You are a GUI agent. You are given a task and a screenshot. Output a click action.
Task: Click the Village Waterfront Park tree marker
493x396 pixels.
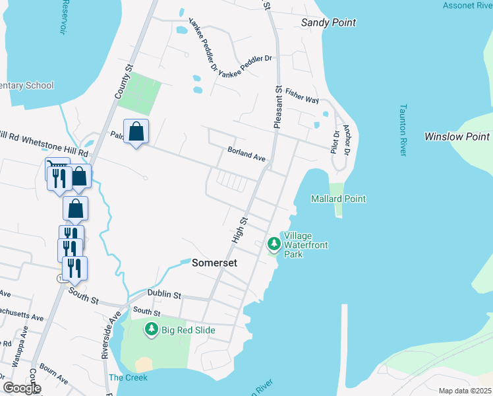pyautogui.click(x=274, y=244)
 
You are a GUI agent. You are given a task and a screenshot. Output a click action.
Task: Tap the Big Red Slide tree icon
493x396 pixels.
pyautogui.click(x=152, y=328)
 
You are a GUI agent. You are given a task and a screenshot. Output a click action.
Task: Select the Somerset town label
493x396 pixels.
pyautogui.click(x=214, y=263)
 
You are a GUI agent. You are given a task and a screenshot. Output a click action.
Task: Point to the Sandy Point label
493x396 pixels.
pyautogui.click(x=328, y=22)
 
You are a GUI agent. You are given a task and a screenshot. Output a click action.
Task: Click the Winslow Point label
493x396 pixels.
pyautogui.click(x=457, y=137)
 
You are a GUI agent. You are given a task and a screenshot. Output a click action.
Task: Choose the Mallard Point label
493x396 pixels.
pyautogui.click(x=338, y=199)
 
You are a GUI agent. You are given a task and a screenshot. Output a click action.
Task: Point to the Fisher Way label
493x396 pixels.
pyautogui.click(x=303, y=98)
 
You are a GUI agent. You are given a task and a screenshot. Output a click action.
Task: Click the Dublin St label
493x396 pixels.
pyautogui.click(x=164, y=294)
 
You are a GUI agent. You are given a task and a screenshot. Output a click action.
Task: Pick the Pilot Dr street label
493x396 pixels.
pyautogui.click(x=335, y=142)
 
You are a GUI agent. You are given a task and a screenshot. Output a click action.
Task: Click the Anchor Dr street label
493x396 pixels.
pyautogui.click(x=346, y=141)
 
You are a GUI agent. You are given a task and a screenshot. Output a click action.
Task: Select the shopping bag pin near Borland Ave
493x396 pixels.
pyautogui.click(x=136, y=132)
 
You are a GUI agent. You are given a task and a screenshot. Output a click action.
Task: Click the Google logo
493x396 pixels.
pyautogui.click(x=22, y=388)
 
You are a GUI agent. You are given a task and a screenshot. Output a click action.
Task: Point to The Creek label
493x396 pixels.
pyautogui.click(x=128, y=378)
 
